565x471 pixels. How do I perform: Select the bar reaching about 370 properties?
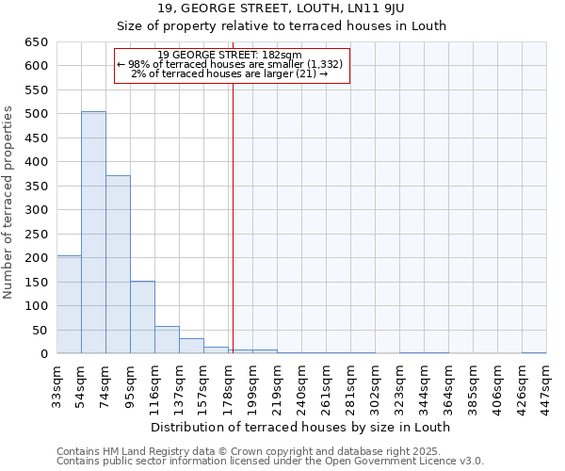click(118, 264)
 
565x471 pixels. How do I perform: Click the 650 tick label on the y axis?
click(35, 42)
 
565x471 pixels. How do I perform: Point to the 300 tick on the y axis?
click(35, 210)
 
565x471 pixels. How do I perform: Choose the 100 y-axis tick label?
click(35, 306)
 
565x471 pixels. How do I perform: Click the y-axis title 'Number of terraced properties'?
click(9, 203)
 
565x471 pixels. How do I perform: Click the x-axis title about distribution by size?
click(300, 427)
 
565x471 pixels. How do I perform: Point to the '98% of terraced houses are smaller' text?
click(232, 64)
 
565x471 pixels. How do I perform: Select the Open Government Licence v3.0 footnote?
click(269, 462)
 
